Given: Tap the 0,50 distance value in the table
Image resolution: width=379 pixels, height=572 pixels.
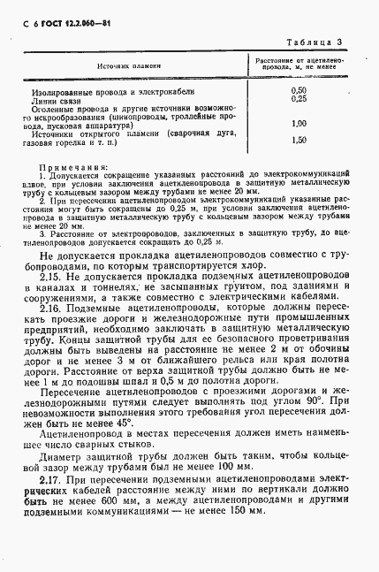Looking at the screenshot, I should pyautogui.click(x=298, y=91).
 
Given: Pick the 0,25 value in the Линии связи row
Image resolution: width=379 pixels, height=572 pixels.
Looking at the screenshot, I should pyautogui.click(x=298, y=99).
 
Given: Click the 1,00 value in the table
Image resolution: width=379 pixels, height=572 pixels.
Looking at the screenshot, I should pyautogui.click(x=298, y=123).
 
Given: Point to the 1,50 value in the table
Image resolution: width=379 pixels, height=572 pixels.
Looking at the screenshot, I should pyautogui.click(x=298, y=140).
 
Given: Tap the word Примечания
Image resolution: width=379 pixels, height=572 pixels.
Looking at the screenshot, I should pyautogui.click(x=73, y=166).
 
